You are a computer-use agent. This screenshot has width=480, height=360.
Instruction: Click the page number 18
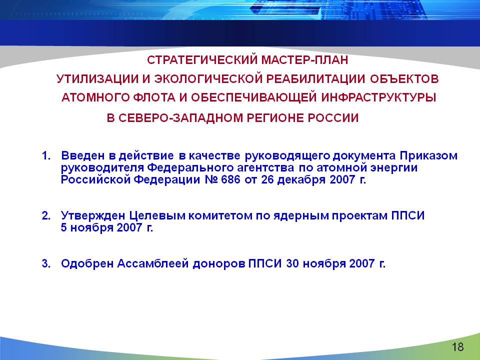457,347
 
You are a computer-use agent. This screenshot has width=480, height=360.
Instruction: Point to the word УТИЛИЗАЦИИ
97,78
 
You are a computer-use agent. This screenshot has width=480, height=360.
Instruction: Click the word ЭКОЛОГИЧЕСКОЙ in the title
208,78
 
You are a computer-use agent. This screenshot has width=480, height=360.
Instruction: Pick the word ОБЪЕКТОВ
404,78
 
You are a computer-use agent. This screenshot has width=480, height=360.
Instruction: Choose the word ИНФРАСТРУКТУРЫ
378,97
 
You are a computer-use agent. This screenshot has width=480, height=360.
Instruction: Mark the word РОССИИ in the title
333,118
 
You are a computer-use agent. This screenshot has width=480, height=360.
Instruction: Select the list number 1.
46,155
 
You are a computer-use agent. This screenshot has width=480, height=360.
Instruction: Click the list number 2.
46,215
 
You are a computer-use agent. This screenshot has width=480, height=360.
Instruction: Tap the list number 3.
46,263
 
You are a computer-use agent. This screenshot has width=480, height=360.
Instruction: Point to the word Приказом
428,156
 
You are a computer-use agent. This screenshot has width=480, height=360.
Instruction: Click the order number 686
230,179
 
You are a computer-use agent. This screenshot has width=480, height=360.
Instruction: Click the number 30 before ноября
292,263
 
